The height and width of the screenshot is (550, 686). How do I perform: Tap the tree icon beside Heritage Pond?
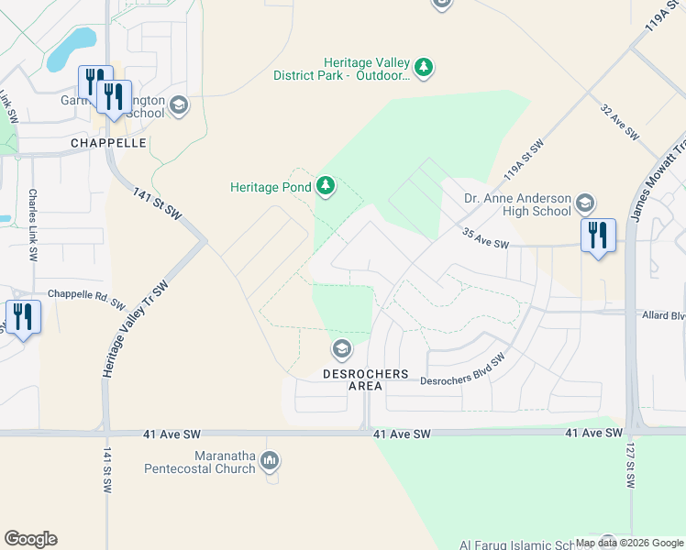pos(325,187)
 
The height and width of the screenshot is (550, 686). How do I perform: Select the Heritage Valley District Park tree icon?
pos(423,67)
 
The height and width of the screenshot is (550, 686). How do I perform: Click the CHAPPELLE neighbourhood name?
pos(109,144)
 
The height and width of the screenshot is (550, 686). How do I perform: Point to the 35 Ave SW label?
pos(485,238)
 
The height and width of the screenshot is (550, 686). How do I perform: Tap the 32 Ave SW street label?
pos(619,121)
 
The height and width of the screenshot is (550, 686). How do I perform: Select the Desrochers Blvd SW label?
pos(463,370)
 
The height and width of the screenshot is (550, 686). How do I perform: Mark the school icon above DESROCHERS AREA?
pos(341,348)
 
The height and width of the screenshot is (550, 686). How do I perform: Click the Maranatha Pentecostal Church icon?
pos(270,461)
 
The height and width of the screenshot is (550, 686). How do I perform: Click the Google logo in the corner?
pos(30,539)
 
